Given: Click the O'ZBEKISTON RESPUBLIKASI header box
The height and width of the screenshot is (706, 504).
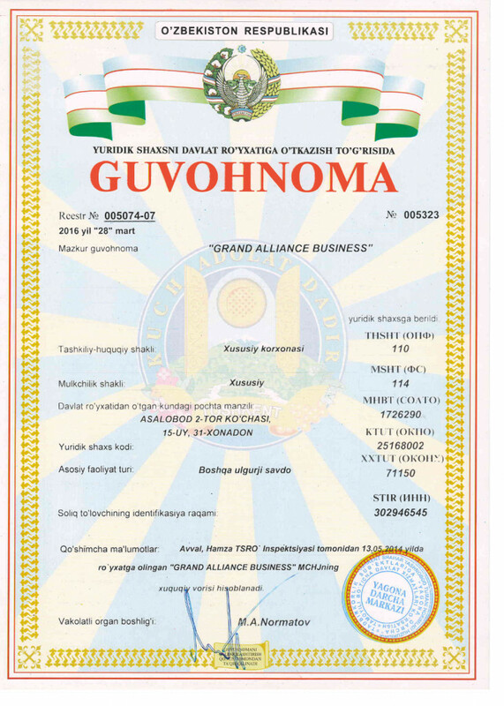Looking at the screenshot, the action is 243,31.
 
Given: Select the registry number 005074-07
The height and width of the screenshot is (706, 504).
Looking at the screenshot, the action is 129,215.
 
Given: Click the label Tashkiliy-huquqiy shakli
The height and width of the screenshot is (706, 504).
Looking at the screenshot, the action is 107,349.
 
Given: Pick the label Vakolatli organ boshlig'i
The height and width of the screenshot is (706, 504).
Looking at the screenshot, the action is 107,623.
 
